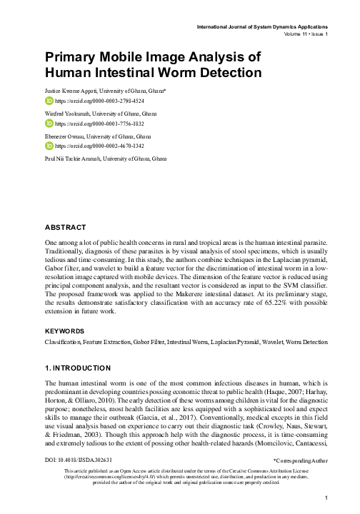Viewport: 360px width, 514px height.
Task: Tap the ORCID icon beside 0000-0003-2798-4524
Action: click(x=49, y=101)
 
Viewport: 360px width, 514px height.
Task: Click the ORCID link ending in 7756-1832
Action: click(x=91, y=124)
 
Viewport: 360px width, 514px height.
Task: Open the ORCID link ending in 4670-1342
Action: click(x=91, y=146)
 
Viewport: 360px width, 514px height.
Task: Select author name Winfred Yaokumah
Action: click(x=71, y=114)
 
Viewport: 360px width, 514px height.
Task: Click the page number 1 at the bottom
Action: click(x=325, y=498)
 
